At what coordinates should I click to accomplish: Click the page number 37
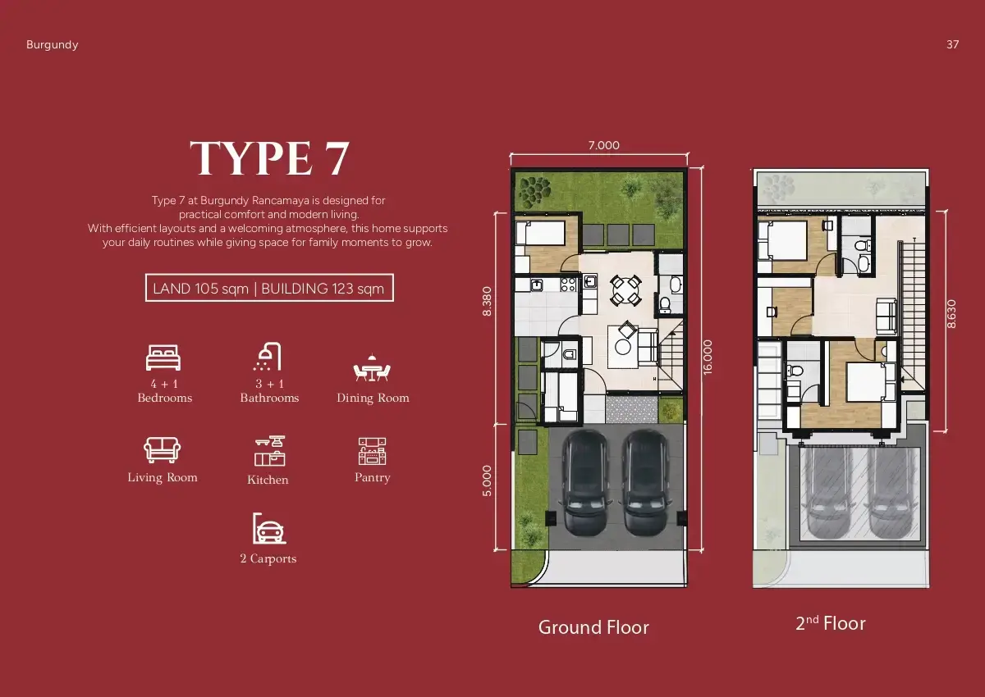click(952, 44)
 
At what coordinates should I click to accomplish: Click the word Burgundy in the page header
click(52, 45)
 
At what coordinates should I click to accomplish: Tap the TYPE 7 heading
click(269, 158)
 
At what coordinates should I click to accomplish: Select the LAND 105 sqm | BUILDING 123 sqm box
click(269, 288)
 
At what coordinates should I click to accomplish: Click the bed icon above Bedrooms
click(163, 358)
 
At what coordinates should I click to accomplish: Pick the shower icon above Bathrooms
click(268, 357)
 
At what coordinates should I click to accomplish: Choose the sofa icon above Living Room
click(162, 449)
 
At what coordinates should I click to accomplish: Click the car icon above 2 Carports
click(268, 528)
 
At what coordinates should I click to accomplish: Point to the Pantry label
click(373, 477)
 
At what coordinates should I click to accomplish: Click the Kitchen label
click(268, 480)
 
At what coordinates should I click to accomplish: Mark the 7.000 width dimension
click(604, 145)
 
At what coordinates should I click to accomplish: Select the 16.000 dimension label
click(708, 357)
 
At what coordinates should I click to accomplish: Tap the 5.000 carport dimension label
click(487, 481)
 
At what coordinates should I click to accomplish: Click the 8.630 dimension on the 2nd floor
click(951, 314)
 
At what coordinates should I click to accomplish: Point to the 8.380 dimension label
click(487, 301)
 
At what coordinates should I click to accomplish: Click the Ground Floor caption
click(593, 627)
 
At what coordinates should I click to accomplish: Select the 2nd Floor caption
click(831, 623)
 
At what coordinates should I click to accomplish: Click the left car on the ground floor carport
click(587, 481)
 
